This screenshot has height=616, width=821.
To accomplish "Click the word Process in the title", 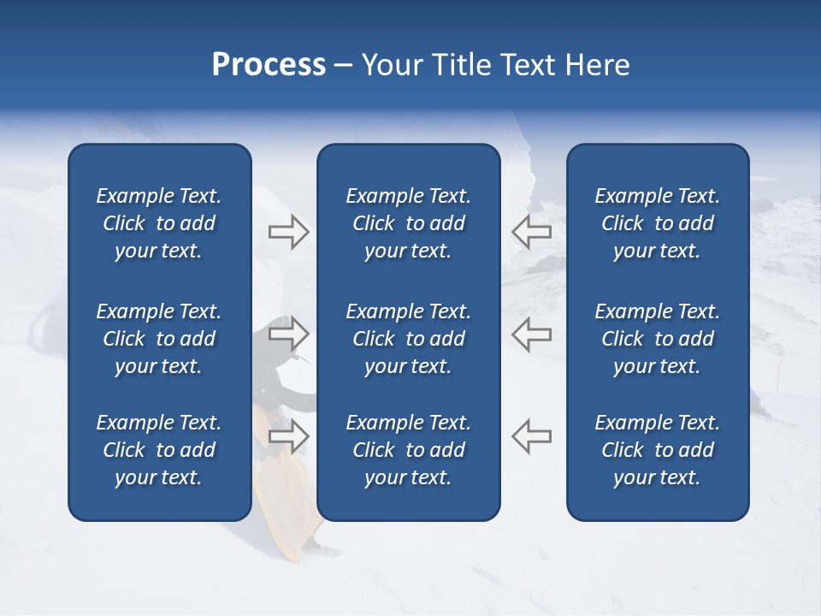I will pos(269,65).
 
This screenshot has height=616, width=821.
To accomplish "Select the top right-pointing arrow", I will pos(288,232).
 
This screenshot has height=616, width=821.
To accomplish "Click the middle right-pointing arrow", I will pos(288,334).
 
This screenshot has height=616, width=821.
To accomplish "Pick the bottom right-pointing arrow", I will pos(288,436).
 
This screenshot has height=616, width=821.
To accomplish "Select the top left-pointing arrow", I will pos(532,232).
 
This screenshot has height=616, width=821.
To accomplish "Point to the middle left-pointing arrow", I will pos(532,334).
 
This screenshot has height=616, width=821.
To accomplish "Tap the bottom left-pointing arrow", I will pos(532,436).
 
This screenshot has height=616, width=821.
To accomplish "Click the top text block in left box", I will pos(159,223).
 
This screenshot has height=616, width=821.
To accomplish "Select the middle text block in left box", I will pos(159,339).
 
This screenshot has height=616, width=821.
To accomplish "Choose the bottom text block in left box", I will pos(159,450).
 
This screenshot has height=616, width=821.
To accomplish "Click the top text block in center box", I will pos(408,223).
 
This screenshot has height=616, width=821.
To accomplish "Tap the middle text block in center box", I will pos(408,339).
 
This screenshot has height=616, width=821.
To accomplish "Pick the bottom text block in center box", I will pos(408,450).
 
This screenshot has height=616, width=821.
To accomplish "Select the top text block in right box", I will pos(657,223).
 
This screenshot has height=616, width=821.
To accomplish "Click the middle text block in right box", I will pos(657,339).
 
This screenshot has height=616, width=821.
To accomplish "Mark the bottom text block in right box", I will pos(657,450).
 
